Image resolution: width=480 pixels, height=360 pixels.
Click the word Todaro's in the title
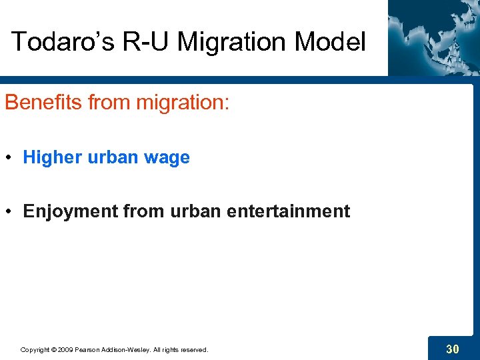pos(54,42)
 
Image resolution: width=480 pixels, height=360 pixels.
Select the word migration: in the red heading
pos(181,103)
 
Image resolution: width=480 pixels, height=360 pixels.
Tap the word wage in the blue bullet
pos(168,158)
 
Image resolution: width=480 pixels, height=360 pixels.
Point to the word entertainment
pos(288,212)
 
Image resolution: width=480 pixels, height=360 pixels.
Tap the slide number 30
pos(452,349)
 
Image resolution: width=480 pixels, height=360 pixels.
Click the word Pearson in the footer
pos(87,350)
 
